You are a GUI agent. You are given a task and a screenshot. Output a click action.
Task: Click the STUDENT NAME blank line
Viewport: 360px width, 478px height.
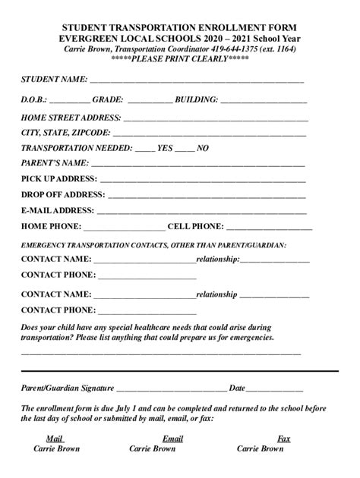pyautogui.click(x=197, y=80)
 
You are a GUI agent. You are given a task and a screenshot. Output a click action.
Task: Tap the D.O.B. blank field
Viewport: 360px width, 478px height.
pyautogui.click(x=70, y=101)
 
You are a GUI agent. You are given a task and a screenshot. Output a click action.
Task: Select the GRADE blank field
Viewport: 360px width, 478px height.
pyautogui.click(x=150, y=101)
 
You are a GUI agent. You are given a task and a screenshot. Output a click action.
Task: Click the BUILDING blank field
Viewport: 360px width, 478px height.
pyautogui.click(x=264, y=101)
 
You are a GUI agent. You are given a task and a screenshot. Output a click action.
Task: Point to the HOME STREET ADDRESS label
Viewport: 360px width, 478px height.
pyautogui.click(x=71, y=118)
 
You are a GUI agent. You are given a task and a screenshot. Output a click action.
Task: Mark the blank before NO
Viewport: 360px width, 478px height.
pyautogui.click(x=185, y=150)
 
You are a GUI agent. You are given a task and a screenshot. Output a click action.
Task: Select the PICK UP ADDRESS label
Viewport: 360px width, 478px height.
pyautogui.click(x=58, y=179)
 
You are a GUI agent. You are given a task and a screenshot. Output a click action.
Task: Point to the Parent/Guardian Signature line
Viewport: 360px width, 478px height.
pyautogui.click(x=172, y=388)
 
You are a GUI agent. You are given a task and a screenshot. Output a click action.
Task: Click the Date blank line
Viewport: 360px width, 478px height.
pyautogui.click(x=276, y=388)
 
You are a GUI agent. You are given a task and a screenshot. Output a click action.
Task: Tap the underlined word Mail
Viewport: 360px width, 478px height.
pyautogui.click(x=54, y=439)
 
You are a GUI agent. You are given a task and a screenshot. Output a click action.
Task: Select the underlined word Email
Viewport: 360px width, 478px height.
pyautogui.click(x=172, y=439)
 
